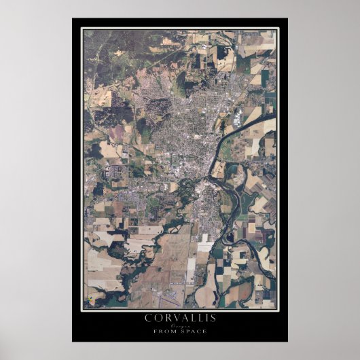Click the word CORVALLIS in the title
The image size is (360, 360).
tap(179, 317)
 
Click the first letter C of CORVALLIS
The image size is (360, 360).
tap(148, 317)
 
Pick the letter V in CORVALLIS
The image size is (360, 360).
tap(171, 317)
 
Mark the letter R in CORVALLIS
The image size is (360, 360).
tap(164, 317)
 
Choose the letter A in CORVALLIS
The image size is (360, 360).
tap(180, 317)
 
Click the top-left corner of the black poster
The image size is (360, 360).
tap(73, 19)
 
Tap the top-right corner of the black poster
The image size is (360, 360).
tap(287, 19)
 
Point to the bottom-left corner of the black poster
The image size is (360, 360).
tap(73, 341)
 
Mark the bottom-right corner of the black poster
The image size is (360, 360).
tap(287, 341)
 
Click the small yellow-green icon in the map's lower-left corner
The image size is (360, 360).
tap(90, 299)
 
